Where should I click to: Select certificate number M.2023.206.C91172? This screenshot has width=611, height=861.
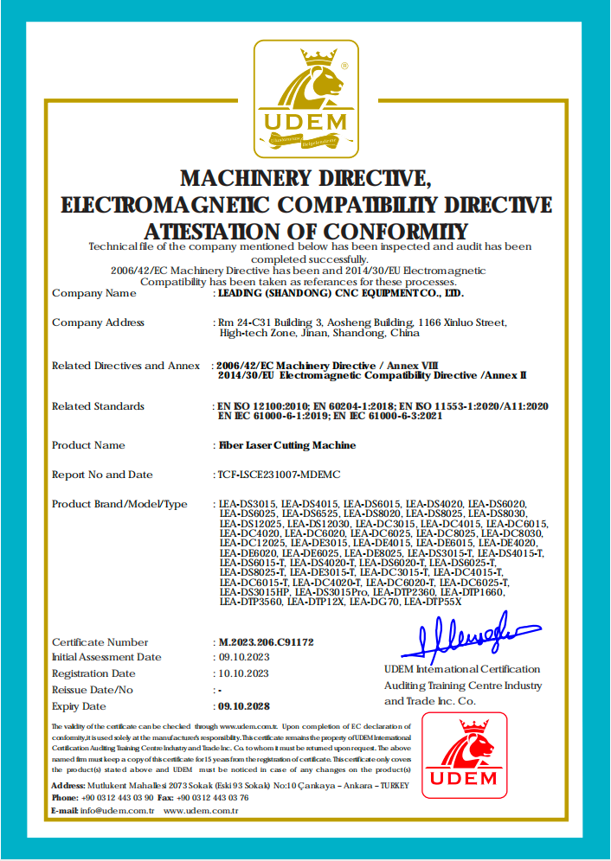coord(266,642)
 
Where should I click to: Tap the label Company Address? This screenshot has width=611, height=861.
coord(98,322)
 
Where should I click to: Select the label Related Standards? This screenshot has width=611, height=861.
coord(98,406)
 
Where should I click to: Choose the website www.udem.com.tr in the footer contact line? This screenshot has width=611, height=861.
coord(200,810)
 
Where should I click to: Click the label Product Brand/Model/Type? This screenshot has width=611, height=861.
coord(119,504)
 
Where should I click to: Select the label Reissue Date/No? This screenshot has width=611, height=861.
coord(93,690)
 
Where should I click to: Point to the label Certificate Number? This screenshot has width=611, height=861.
coord(100,642)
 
